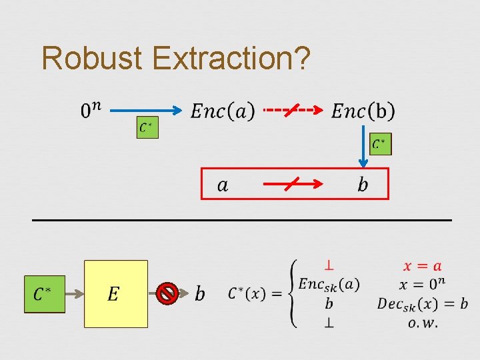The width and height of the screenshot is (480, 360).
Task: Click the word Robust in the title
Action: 92,58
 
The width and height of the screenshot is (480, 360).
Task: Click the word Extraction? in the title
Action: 231,58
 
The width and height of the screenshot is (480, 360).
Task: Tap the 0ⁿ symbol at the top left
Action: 91,110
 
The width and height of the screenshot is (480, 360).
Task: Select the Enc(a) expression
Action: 222,111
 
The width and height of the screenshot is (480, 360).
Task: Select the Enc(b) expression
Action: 363,111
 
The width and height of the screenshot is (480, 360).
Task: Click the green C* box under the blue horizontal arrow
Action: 147,127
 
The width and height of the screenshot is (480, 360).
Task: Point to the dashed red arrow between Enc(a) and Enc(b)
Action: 293,109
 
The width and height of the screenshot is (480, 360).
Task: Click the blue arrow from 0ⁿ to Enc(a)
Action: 147,109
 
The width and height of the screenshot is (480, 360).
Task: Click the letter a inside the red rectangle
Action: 223,185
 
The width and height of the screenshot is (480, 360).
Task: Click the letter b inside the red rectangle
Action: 363,184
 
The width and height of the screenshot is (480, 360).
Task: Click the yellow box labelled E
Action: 115,294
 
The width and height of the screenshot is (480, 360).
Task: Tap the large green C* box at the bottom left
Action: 44,294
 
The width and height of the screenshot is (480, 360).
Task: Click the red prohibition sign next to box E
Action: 167,293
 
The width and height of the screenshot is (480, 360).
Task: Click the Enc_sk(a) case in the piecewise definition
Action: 329,285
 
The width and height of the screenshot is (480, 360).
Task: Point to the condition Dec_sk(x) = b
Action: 422,304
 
